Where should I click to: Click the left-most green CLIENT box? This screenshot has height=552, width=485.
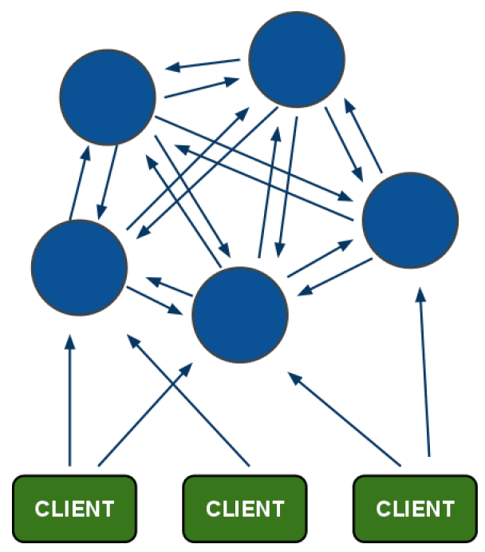coord(74,507)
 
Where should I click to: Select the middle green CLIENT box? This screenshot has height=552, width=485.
coord(244,507)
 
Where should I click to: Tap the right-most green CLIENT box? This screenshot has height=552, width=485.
coord(414,507)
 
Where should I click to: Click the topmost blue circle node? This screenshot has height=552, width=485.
coord(297,59)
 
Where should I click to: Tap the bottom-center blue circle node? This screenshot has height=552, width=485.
coord(240,313)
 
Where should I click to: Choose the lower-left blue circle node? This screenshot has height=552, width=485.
coord(79,268)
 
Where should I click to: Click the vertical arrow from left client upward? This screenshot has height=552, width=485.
coord(69,399)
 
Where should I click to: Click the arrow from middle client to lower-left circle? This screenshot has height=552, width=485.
coord(188,399)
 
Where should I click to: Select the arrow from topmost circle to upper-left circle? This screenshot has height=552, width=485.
coord(203,65)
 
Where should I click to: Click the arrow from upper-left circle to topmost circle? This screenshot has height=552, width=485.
coord(203,87)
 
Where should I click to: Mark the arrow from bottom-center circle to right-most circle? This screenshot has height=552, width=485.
coord(319,256)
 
